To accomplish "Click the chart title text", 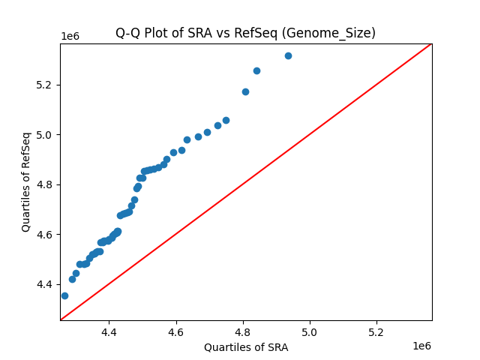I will [245, 33].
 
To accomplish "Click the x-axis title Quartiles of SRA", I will [246, 347].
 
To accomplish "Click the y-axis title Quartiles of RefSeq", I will [26, 181].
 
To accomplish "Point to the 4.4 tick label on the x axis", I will [109, 331].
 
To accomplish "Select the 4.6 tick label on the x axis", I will [176, 331].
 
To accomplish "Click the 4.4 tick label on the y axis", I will [46, 285].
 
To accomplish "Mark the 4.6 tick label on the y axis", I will [46, 235].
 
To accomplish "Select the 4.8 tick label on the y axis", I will [46, 184].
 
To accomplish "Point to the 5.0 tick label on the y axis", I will [46, 135].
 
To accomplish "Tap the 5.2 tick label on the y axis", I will [46, 85].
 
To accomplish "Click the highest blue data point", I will [288, 55].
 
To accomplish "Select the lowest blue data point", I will [64, 295].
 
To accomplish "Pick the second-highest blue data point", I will [256, 70].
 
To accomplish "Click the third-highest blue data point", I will [245, 91].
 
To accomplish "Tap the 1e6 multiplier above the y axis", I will [70, 36].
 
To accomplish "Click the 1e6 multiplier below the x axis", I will [421, 346].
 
